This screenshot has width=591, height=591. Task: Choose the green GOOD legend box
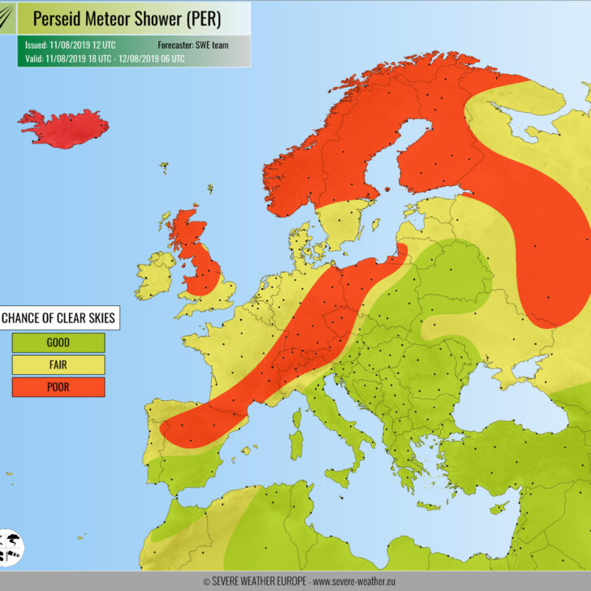click(x=58, y=343)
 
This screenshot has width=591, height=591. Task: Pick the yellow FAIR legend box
click(x=58, y=365)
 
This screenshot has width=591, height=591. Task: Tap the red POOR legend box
click(x=58, y=387)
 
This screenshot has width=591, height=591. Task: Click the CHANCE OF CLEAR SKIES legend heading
click(x=58, y=318)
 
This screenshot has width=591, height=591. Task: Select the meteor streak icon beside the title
click(x=8, y=19)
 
